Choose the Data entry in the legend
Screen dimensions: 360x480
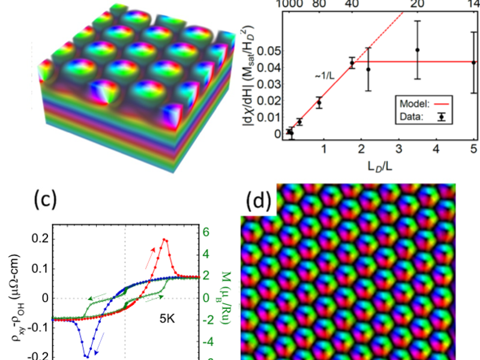[415, 118]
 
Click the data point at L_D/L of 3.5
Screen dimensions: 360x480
[418, 50]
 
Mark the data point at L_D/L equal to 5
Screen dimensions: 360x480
[473, 62]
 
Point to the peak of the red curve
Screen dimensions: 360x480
[164, 240]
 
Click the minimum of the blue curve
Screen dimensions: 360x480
[86, 356]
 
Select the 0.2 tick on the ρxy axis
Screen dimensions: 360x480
[39, 239]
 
